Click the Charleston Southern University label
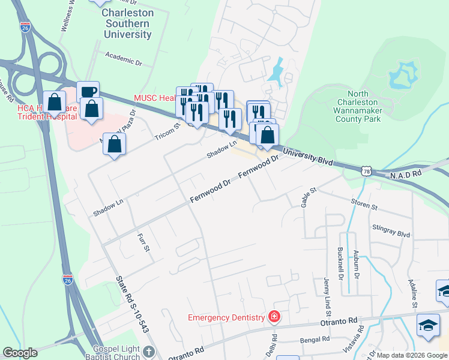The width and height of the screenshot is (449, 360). pos(127,23)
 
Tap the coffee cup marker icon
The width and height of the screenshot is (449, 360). pos(88,92)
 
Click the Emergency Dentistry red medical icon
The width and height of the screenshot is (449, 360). pos(274,316)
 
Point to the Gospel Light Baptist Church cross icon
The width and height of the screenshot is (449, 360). pos(149,352)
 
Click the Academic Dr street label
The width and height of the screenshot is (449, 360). pos(122,58)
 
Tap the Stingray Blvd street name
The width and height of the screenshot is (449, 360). pos(391,230)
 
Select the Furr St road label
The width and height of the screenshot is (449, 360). pos(142,243)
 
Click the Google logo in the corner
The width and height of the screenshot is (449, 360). pos(20,352)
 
